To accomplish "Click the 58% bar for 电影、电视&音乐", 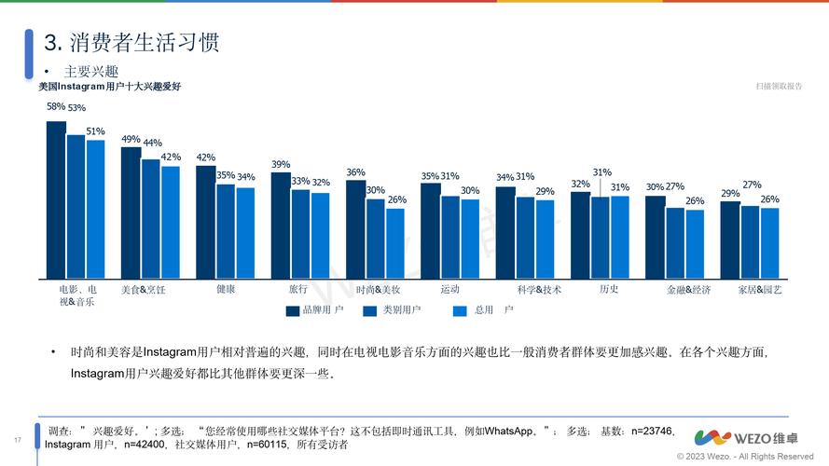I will [x=56, y=199].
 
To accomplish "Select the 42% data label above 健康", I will [x=205, y=158].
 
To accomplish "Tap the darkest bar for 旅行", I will [x=281, y=226].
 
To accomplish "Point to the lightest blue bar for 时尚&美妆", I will [x=395, y=243].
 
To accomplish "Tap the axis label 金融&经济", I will [x=688, y=290].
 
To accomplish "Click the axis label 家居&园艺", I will [x=760, y=290].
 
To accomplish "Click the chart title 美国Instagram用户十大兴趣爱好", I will [x=109, y=87].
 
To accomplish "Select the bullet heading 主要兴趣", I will [x=90, y=72].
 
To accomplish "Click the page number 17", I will [x=17, y=440].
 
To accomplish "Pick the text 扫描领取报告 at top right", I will [x=779, y=87].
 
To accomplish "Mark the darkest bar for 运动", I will [x=430, y=231].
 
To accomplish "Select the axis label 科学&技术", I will [x=539, y=290].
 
